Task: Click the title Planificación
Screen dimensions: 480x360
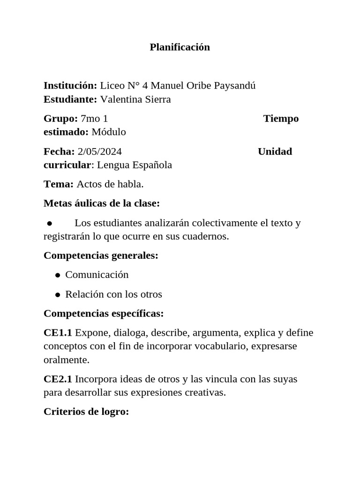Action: click(x=180, y=47)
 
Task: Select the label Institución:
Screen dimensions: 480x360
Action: click(x=70, y=86)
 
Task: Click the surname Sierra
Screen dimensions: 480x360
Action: click(x=156, y=99)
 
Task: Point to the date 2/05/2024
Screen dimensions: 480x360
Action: click(x=100, y=151)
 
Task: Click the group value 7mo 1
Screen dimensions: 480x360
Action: click(x=94, y=119)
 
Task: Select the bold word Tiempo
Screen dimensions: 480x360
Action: click(x=281, y=119)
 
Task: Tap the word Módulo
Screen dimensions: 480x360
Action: click(x=109, y=132)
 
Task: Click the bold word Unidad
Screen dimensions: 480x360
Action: click(x=275, y=151)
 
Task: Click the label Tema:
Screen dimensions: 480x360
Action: click(x=59, y=184)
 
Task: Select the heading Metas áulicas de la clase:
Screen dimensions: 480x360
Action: click(x=102, y=203)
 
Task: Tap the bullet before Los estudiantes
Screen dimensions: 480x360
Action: click(x=49, y=224)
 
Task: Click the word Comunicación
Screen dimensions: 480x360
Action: click(x=97, y=275)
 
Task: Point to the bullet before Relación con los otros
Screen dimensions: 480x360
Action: click(x=57, y=295)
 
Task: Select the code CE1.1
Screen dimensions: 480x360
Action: click(x=58, y=333)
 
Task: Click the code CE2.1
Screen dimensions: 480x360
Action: click(x=58, y=379)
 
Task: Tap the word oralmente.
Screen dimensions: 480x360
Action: click(x=66, y=360)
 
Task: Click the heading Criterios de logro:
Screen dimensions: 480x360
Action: click(x=86, y=412)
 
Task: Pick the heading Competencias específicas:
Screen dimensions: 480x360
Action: click(x=104, y=313)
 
